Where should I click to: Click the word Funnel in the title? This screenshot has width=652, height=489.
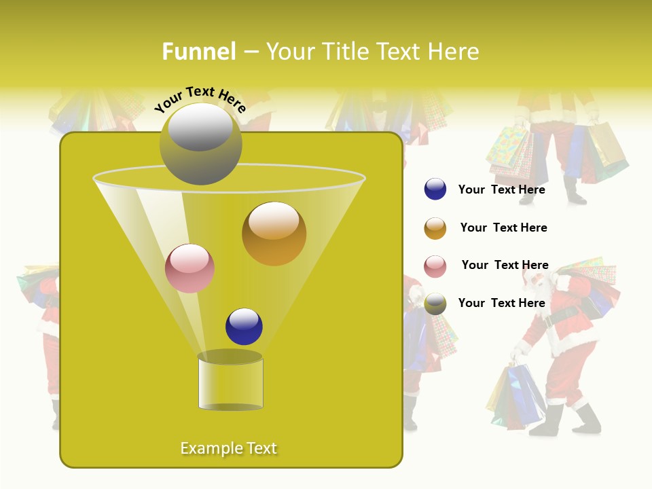tap(199, 52)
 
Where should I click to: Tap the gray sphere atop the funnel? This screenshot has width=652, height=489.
tap(200, 143)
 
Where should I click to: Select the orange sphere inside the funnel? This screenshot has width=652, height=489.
tap(274, 233)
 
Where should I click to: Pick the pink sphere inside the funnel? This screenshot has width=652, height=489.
tap(189, 268)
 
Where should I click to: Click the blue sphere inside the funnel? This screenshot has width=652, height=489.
tap(244, 326)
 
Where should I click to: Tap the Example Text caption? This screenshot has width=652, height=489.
tap(228, 448)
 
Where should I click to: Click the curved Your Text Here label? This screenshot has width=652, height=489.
tap(200, 99)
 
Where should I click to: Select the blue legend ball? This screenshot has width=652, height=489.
tap(435, 189)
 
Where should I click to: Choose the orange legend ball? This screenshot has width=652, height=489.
tap(435, 228)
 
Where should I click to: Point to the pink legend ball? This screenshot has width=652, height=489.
tap(435, 266)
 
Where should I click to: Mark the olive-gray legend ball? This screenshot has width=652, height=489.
tap(435, 304)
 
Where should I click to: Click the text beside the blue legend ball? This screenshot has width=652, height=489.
tap(501, 190)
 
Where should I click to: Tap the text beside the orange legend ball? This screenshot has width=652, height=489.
tap(503, 228)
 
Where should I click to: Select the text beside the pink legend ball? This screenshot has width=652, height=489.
tap(505, 266)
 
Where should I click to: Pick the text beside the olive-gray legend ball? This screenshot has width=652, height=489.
tap(501, 304)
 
